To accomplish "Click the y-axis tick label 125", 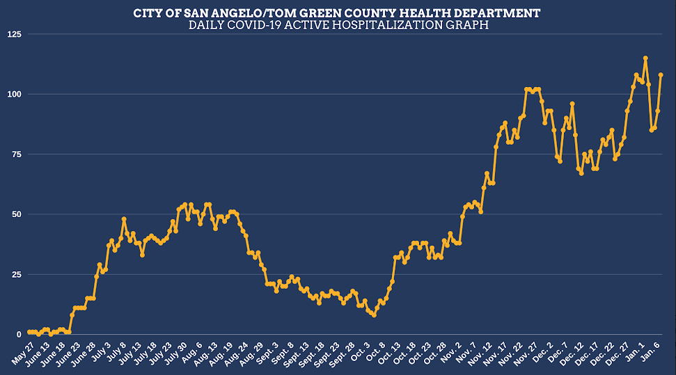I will (x=13, y=34).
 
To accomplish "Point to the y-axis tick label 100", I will (x=13, y=94).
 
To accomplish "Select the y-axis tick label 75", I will (x=15, y=154).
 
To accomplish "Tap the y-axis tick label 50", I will (x=15, y=214).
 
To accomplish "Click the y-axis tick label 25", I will (x=15, y=274).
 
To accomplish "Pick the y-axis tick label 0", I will (x=18, y=335).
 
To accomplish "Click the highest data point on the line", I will (x=645, y=58).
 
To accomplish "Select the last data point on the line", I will (x=661, y=75).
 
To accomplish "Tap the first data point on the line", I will (x=29, y=333).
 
